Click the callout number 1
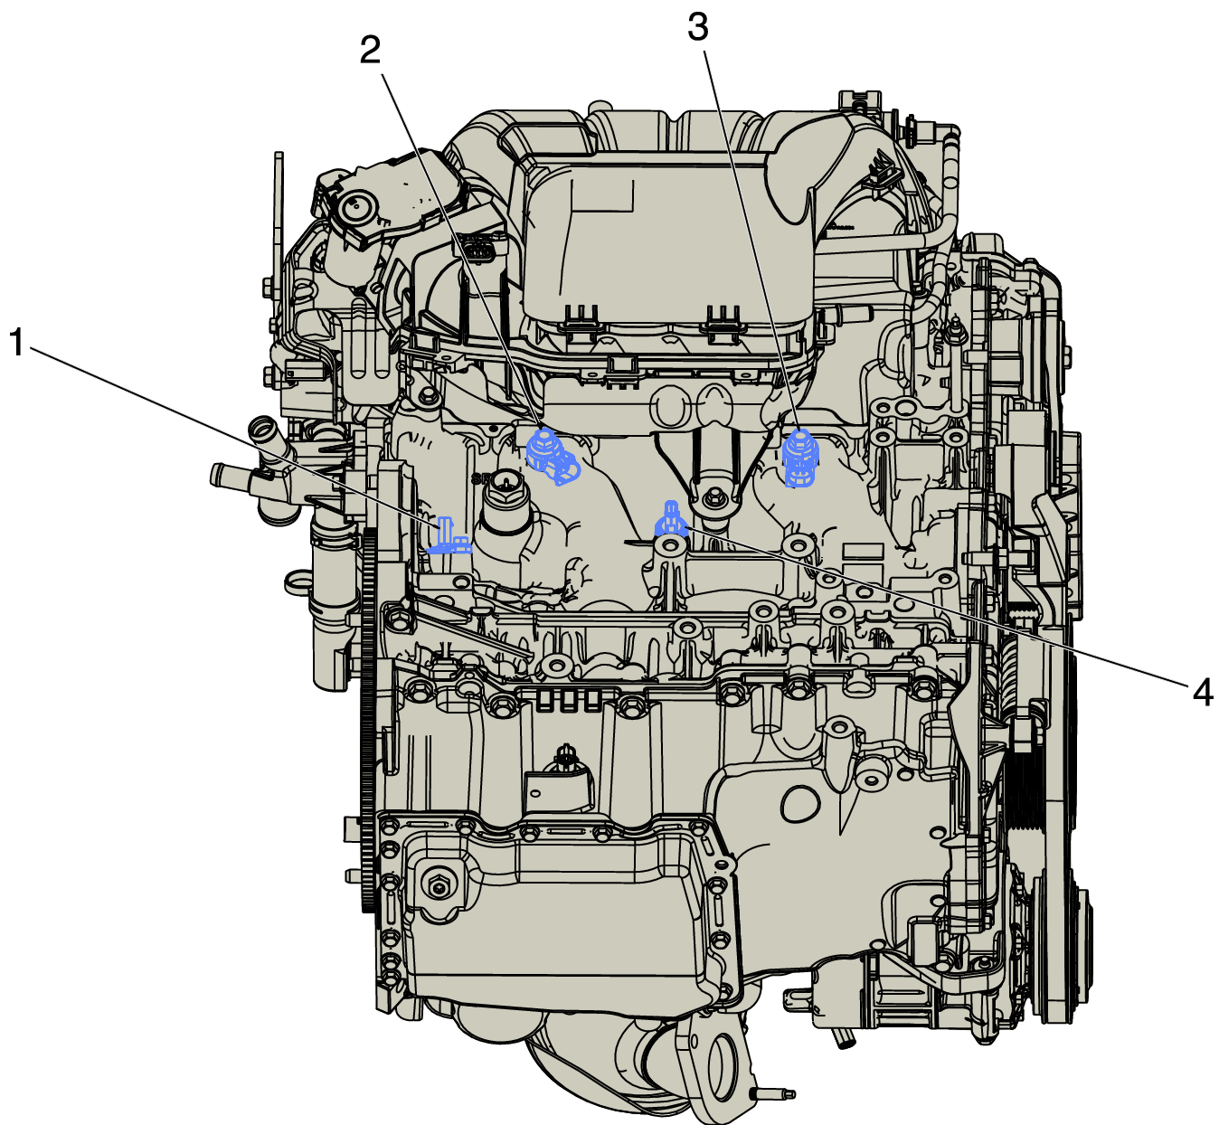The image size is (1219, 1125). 17,342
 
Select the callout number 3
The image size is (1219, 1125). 698,28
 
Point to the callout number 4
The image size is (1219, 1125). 1203,693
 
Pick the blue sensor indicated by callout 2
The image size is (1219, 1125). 552,458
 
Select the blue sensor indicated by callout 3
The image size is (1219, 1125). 800,459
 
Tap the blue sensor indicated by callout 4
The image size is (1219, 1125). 671,521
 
